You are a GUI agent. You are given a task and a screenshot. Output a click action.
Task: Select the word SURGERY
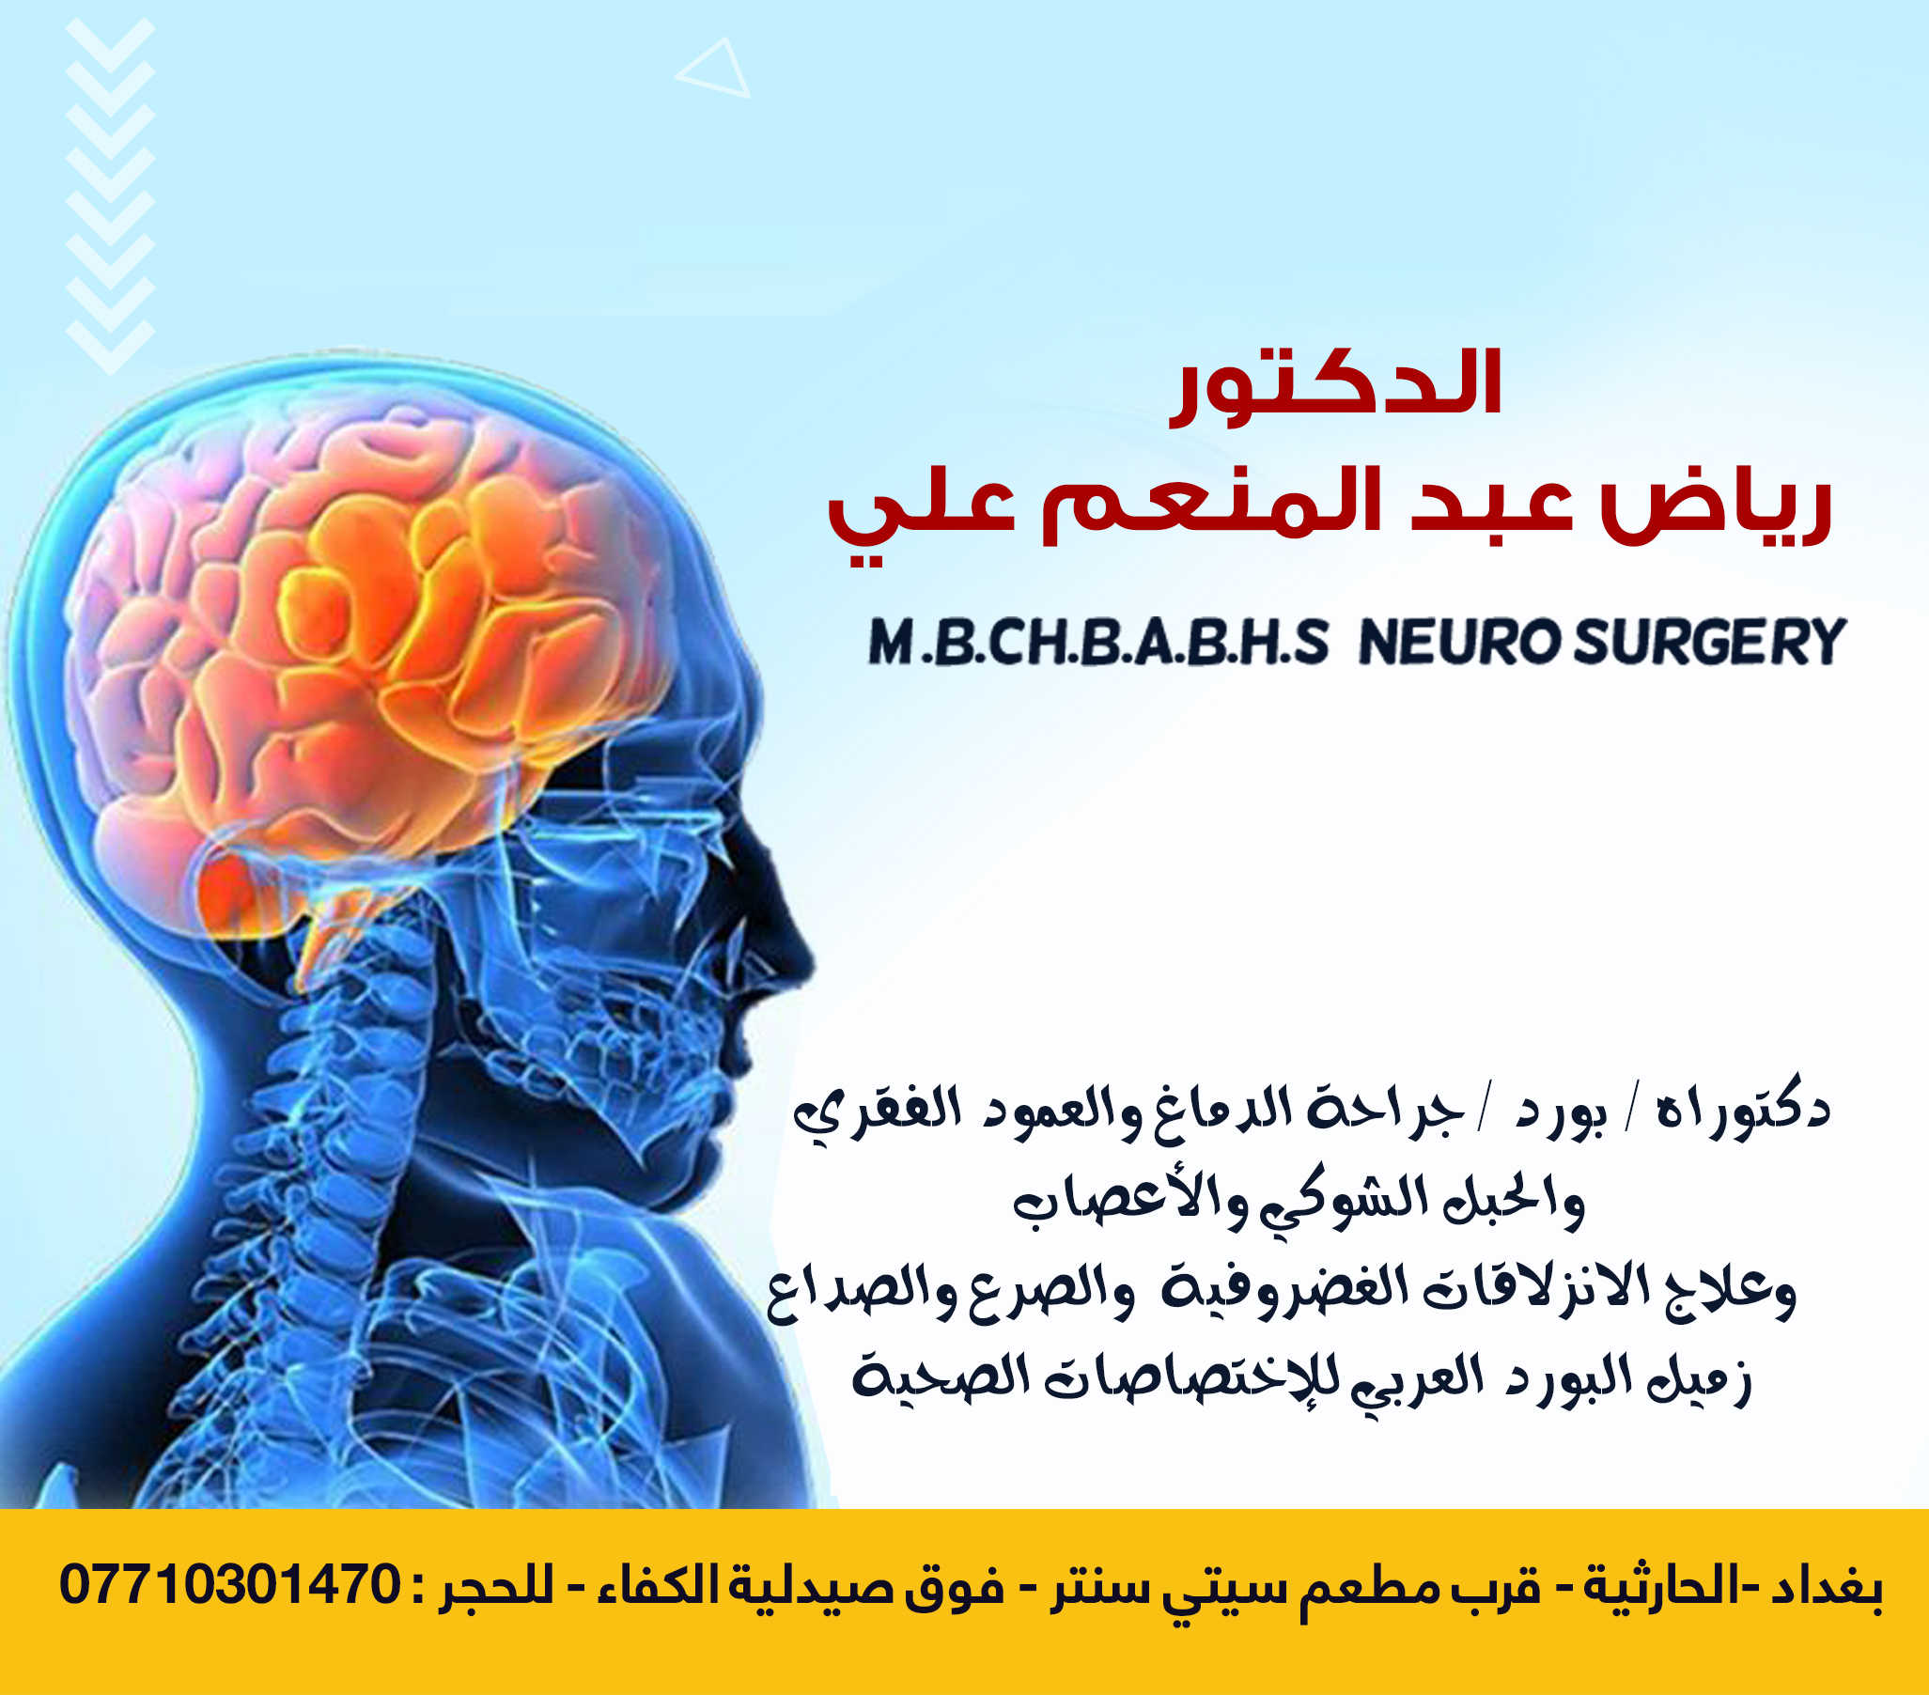pos(1709,643)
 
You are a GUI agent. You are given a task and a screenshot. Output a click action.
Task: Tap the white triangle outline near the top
pos(714,68)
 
